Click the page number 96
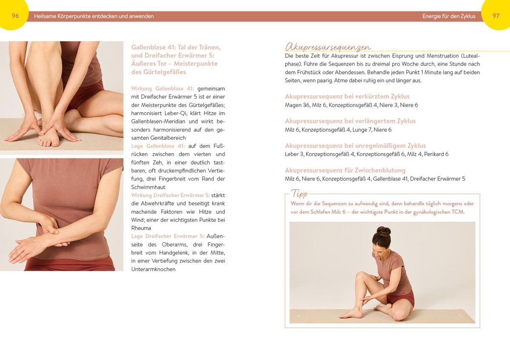(15, 16)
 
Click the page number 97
(496, 16)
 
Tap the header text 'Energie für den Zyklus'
(449, 17)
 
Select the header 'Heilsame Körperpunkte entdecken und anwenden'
(94, 17)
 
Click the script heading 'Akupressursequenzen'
(328, 47)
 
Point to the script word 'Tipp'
(299, 193)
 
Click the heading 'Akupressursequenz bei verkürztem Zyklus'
(347, 96)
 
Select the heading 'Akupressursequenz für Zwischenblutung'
(345, 170)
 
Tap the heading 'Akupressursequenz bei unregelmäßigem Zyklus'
(355, 145)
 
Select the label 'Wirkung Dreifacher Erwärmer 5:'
(170, 196)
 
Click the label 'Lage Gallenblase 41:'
(158, 146)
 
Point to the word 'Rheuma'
(141, 228)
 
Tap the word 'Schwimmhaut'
(148, 187)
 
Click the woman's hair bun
(384, 231)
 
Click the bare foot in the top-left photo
(48, 137)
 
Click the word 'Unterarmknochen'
(153, 269)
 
